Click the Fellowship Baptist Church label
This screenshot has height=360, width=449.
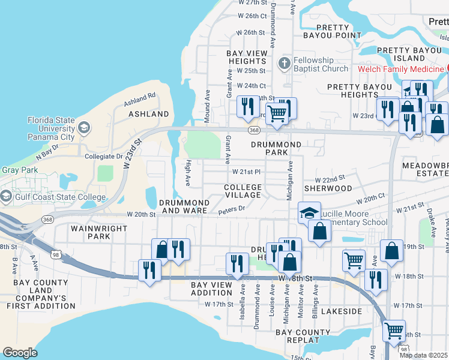pos(321,64)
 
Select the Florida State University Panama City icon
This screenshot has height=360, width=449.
pos(84,128)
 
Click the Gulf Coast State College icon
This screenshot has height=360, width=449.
pos(7,196)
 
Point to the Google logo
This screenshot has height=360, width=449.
pos(20,352)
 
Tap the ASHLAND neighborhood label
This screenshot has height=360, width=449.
pos(149,114)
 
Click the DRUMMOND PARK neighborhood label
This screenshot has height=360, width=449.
pos(276,149)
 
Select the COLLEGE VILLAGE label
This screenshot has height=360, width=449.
pos(243,191)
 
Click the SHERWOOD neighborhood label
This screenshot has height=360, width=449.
pos(328,188)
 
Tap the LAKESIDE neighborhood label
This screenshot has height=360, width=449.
pos(342,312)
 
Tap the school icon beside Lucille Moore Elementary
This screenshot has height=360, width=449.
pos(309,212)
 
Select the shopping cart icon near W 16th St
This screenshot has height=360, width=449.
pos(394,330)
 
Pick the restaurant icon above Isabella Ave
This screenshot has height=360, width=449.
pos(237,263)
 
